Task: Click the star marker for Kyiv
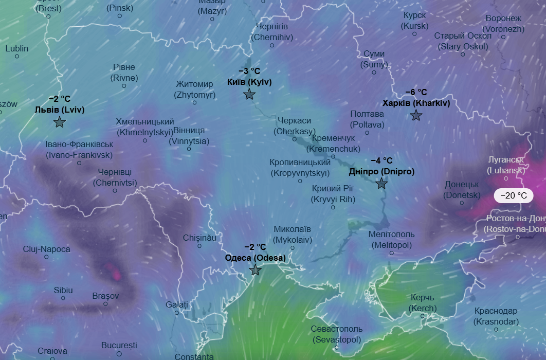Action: pyautogui.click(x=249, y=94)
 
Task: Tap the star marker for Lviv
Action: pyautogui.click(x=60, y=122)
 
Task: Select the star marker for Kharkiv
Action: pyautogui.click(x=416, y=115)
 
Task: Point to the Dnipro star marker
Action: pyautogui.click(x=381, y=184)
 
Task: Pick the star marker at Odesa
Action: pyautogui.click(x=256, y=270)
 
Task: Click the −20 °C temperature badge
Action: pyautogui.click(x=514, y=196)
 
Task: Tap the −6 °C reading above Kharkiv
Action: pyautogui.click(x=416, y=92)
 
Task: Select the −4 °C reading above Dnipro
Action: pyautogui.click(x=381, y=160)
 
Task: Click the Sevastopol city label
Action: pyautogui.click(x=337, y=334)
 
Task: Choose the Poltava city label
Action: pyautogui.click(x=367, y=119)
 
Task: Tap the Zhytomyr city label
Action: pyautogui.click(x=194, y=89)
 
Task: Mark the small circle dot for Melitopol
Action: pyautogui.click(x=391, y=253)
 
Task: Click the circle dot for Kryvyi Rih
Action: pyautogui.click(x=333, y=207)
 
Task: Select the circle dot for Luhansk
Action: pyautogui.click(x=506, y=178)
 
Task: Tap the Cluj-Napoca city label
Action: pyautogui.click(x=46, y=249)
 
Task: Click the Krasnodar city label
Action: pyautogui.click(x=496, y=316)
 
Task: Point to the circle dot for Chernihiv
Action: pyautogui.click(x=272, y=45)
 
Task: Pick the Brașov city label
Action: pyautogui.click(x=105, y=296)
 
